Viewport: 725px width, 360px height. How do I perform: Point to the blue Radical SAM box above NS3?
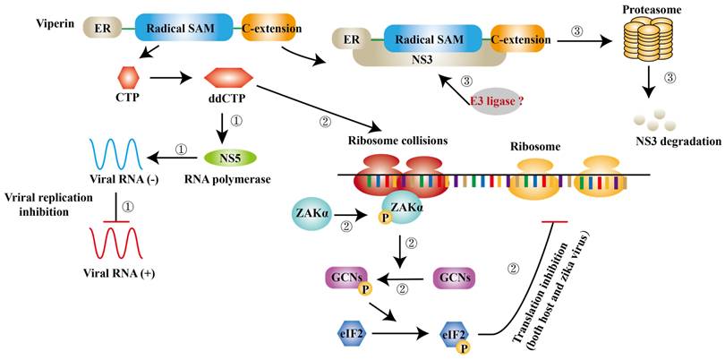436,39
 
